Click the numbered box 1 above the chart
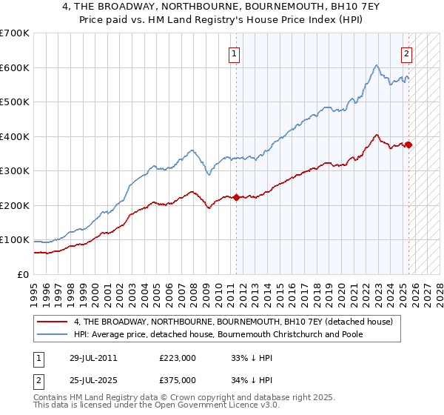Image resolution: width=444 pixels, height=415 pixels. (x=234, y=53)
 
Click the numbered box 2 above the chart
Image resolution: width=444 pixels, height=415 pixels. (x=407, y=53)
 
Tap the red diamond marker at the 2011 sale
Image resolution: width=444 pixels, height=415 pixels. (x=236, y=197)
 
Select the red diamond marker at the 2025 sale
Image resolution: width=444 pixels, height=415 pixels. (x=408, y=145)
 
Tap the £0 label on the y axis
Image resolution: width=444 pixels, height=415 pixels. (x=23, y=274)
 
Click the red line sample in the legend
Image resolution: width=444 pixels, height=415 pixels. (x=53, y=322)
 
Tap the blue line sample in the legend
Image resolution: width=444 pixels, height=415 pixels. (x=53, y=334)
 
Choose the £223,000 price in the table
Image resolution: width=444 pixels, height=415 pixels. (x=178, y=357)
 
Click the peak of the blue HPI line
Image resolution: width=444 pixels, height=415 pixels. (x=377, y=65)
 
